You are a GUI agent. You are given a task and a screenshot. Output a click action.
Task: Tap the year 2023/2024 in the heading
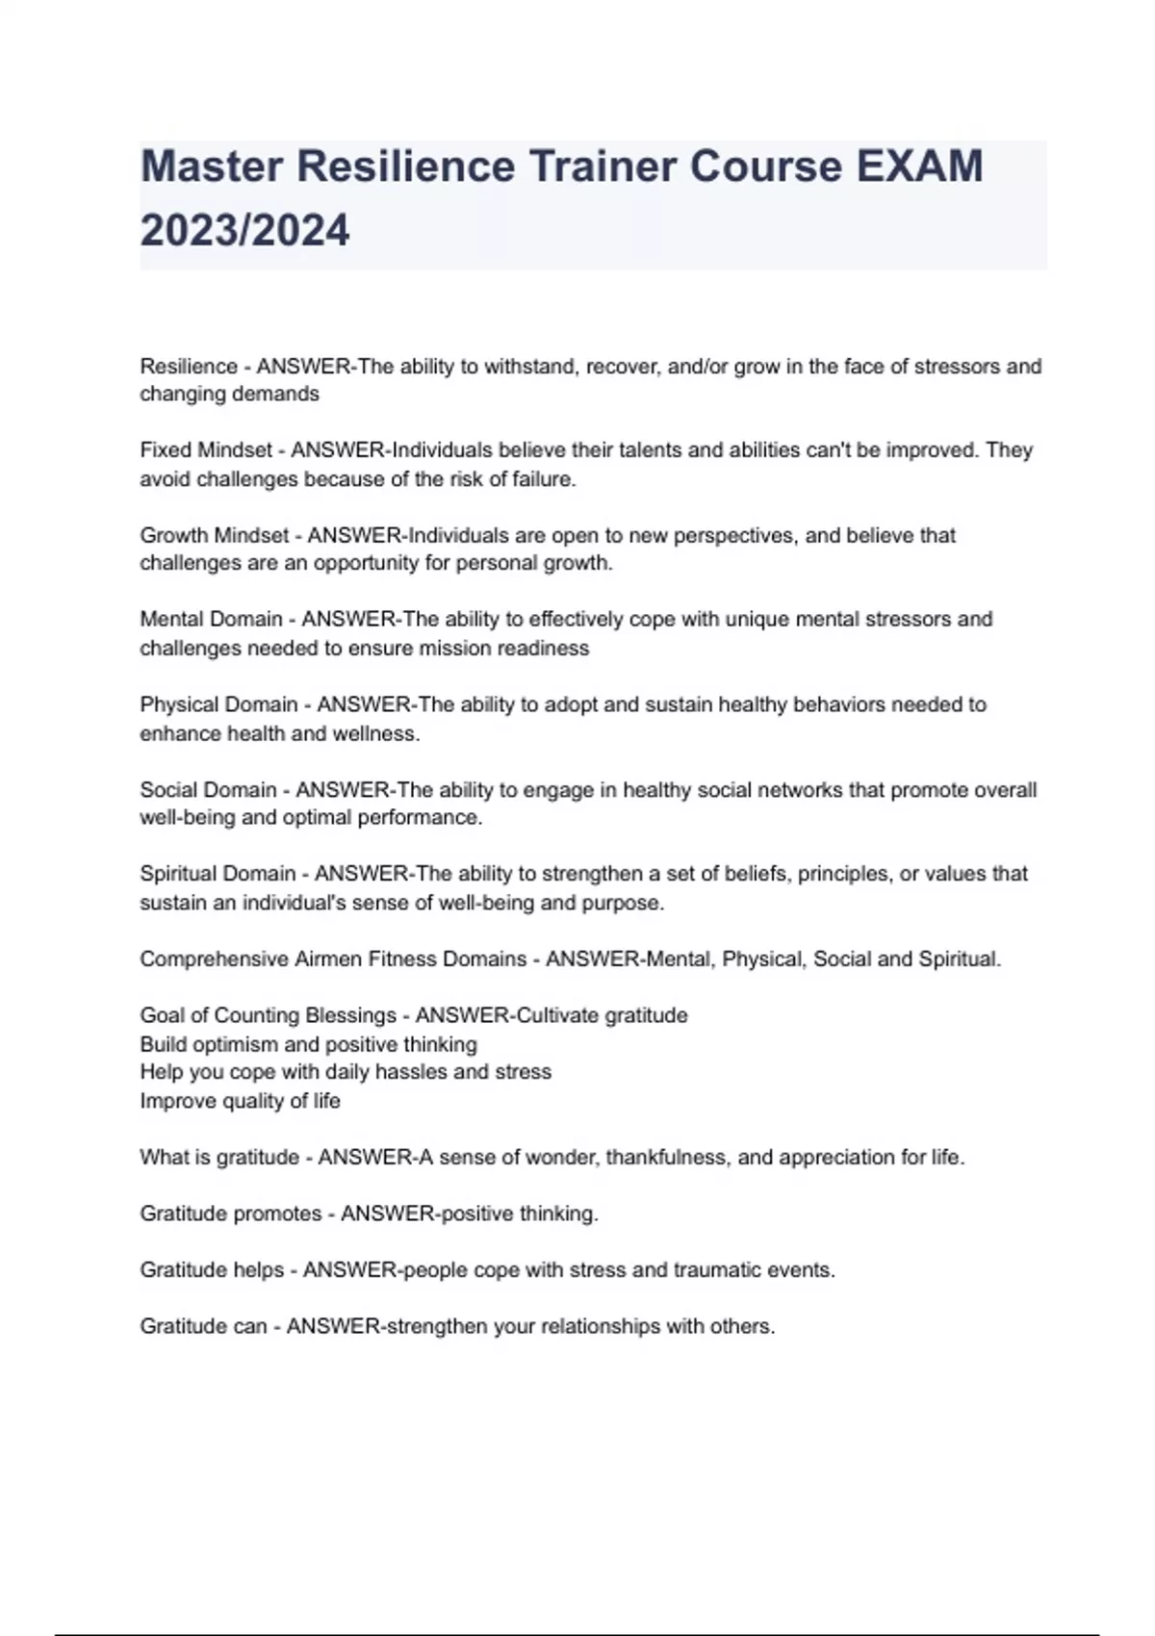point(244,231)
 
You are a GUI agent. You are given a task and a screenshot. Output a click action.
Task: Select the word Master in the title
point(212,166)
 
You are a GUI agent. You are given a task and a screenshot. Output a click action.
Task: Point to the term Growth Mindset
point(214,535)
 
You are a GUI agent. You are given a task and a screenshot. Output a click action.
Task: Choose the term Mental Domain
point(211,619)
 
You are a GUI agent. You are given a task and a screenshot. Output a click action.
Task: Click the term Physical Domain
point(218,704)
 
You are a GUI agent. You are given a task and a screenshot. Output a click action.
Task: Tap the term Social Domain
point(208,790)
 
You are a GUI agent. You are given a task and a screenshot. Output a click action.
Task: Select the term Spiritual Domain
point(218,874)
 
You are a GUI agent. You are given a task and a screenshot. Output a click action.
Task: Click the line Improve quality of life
point(240,1101)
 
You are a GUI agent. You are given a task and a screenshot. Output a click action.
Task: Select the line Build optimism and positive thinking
point(308,1044)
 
